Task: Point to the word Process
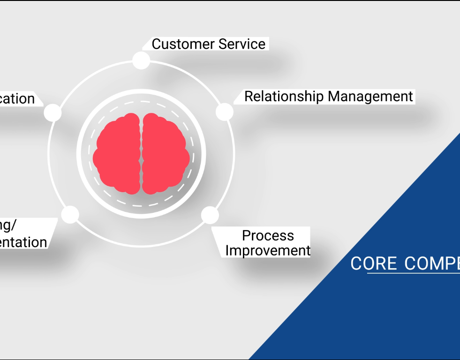(x=268, y=235)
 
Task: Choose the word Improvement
(x=268, y=250)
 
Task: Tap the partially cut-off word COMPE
(x=431, y=263)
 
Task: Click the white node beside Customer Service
(x=141, y=60)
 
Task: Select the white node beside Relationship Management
(x=225, y=112)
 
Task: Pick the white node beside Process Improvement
(x=210, y=215)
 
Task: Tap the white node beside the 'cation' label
(x=53, y=112)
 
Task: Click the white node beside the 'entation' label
(x=70, y=214)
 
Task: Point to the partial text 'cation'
(x=17, y=99)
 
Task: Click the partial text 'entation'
(x=23, y=242)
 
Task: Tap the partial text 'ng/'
(x=8, y=225)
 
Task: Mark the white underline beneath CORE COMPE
(x=413, y=273)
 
